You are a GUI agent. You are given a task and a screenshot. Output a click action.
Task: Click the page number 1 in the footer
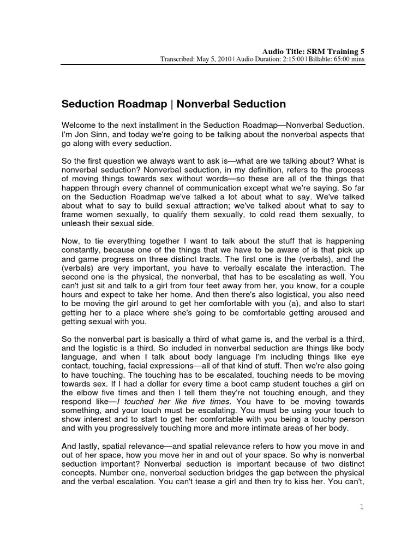[361, 507]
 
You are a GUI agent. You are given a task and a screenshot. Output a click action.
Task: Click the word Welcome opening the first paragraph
[77, 126]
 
